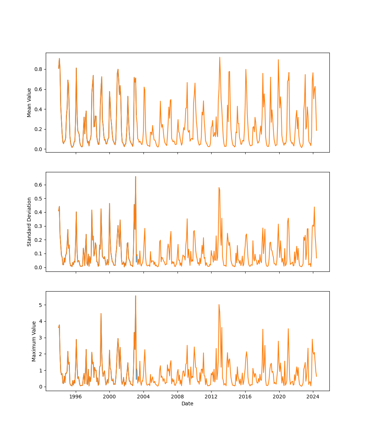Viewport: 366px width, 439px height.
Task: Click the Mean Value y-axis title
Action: coord(29,102)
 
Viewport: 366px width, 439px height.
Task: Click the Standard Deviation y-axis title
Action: coord(29,222)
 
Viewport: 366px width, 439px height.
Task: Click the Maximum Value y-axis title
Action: coord(34,341)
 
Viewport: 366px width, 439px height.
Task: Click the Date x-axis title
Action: coord(187,404)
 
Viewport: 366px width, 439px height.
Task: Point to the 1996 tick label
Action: coord(76,397)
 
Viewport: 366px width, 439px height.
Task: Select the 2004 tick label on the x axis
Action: coord(143,397)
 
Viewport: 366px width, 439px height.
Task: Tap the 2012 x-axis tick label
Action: coord(211,397)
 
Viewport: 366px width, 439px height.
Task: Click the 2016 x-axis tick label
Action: coord(245,397)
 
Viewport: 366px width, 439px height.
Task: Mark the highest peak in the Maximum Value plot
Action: coord(135,296)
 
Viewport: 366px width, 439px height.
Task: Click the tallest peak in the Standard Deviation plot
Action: coord(135,176)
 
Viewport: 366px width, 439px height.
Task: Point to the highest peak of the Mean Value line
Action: coord(220,57)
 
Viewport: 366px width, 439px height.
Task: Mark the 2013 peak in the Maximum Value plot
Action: coord(219,304)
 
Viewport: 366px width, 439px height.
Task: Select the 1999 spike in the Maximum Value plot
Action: coord(101,313)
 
